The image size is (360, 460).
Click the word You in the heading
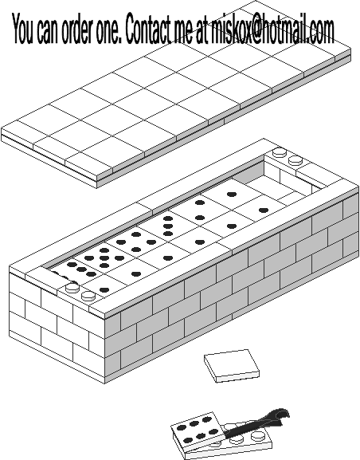(22, 29)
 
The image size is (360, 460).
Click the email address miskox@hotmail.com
(272, 29)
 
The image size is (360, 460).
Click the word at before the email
(202, 30)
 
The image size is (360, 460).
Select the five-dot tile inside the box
(104, 258)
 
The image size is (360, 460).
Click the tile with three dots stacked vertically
(168, 226)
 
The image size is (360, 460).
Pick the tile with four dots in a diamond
(136, 242)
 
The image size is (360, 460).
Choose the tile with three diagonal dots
(81, 269)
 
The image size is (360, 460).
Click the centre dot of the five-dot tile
(104, 258)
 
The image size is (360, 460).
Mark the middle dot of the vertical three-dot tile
(168, 226)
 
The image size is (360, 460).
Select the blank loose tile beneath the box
(232, 366)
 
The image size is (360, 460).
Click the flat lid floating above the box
(176, 94)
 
